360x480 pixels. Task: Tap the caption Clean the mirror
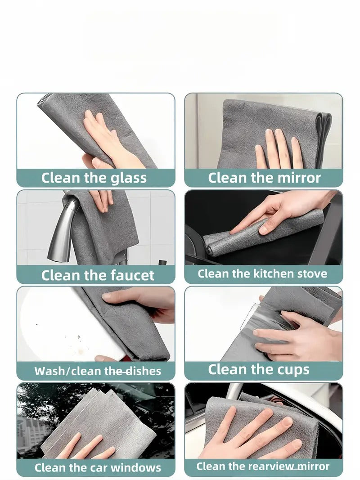[264, 178]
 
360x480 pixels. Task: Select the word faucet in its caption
[130, 275]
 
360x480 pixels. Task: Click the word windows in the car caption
[136, 468]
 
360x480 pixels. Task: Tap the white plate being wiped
[54, 324]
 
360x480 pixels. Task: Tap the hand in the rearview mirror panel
[252, 432]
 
